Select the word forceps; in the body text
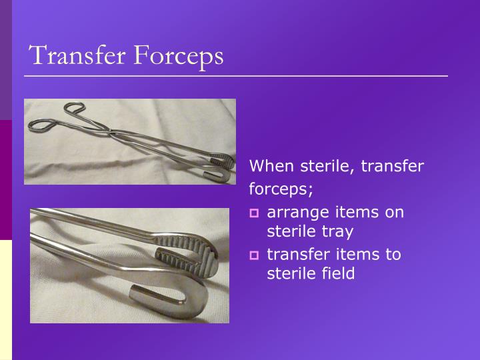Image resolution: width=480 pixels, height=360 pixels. pyautogui.click(x=281, y=190)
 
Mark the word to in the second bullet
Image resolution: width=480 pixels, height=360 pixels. pyautogui.click(x=393, y=254)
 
